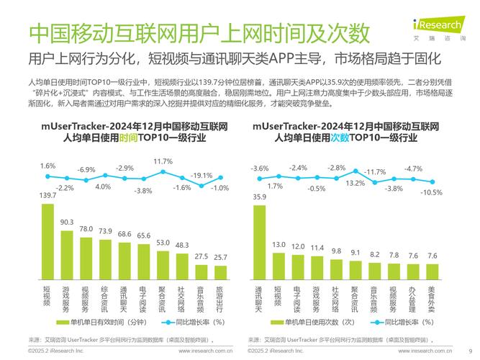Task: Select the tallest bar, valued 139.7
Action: (x=47, y=242)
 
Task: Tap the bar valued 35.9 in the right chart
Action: (x=259, y=242)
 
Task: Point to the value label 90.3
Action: (x=67, y=222)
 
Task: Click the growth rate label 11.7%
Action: (x=163, y=161)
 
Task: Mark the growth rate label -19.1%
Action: (x=201, y=175)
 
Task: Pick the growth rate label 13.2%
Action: (x=356, y=184)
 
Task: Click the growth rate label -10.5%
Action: (x=432, y=192)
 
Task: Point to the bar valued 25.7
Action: (x=221, y=271)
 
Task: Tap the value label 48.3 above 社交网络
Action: (x=182, y=246)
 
